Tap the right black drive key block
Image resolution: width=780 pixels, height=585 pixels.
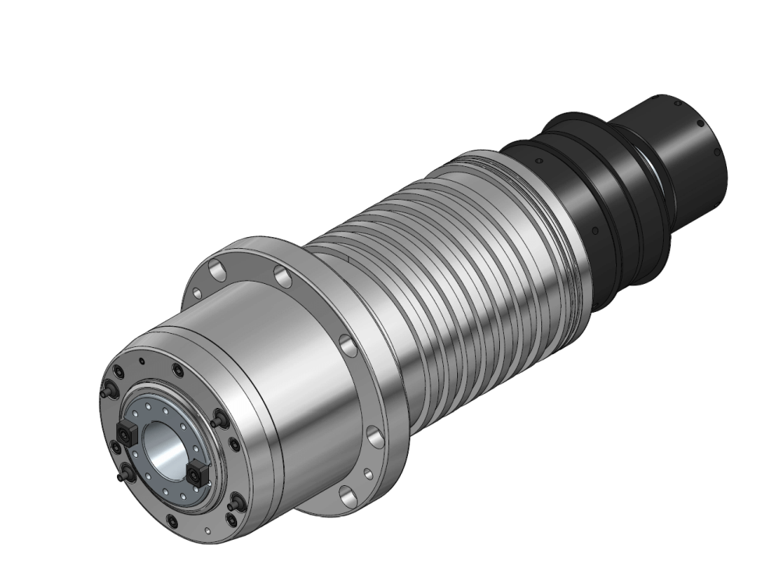click(197, 470)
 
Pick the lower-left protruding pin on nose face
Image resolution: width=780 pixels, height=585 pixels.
click(124, 472)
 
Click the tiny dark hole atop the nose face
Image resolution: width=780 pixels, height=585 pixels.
click(140, 362)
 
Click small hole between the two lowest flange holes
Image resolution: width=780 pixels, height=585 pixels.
click(367, 472)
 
